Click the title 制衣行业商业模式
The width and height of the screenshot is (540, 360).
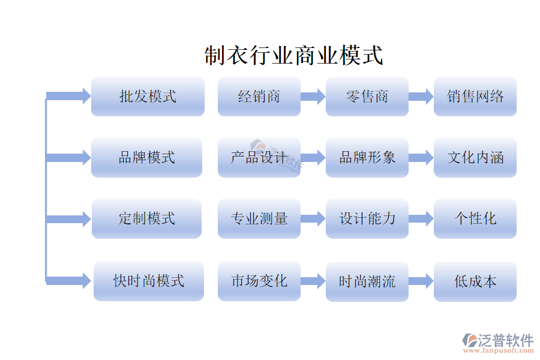[x=293, y=55]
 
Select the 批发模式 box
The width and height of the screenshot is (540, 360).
[x=148, y=97]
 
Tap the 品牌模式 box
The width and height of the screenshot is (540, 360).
[x=147, y=157]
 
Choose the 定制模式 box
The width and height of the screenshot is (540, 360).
[x=147, y=218]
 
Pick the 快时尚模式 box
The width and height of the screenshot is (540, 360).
[x=149, y=281]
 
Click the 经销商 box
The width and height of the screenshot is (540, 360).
[x=259, y=97]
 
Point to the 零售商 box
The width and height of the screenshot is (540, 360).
[x=367, y=97]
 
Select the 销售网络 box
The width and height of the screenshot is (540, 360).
[x=475, y=97]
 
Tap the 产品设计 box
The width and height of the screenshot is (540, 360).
[x=259, y=157]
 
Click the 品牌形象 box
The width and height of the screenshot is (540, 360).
[x=367, y=157]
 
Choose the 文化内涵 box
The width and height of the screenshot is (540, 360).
[x=475, y=157]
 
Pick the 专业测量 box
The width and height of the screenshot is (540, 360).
[x=259, y=218]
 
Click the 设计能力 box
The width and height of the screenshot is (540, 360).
[x=367, y=218]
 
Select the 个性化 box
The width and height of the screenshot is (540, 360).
[x=475, y=218]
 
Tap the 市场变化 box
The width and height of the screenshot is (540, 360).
[x=259, y=281]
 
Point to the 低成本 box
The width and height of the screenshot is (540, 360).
[x=475, y=281]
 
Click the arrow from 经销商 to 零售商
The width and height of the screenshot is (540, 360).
[x=313, y=97]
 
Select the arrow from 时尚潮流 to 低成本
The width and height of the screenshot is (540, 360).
[x=421, y=281]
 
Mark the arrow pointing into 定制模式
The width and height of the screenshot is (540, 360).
[x=68, y=219]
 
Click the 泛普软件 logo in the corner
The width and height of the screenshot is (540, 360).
[x=497, y=343]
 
